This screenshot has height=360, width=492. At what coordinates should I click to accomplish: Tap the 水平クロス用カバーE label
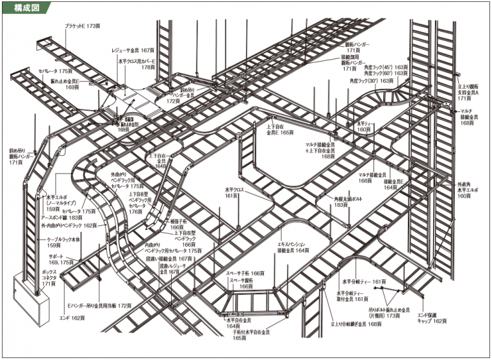tap(136, 62)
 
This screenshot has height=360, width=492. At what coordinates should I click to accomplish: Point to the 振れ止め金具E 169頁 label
tap(61, 84)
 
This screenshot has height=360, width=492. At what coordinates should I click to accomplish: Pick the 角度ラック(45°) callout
tap(386, 67)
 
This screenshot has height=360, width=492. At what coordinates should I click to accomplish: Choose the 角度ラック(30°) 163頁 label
tap(379, 81)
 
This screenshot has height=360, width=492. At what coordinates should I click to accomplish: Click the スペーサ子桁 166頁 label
tap(245, 273)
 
